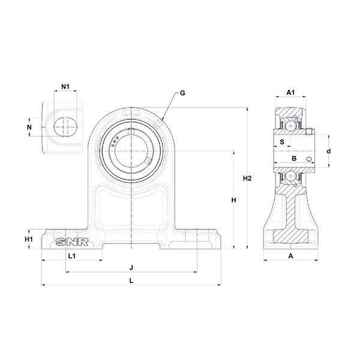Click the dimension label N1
click(x=65, y=86)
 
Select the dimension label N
click(x=29, y=127)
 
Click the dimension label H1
click(x=28, y=239)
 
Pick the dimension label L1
click(x=72, y=256)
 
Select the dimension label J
click(x=131, y=267)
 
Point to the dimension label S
click(x=282, y=142)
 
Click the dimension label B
click(x=293, y=158)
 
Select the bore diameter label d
click(x=328, y=151)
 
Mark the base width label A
click(x=290, y=256)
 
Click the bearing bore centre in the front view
click(x=130, y=146)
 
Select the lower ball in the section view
click(x=290, y=176)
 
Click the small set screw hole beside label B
click(x=308, y=159)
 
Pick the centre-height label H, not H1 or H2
click(x=234, y=200)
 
